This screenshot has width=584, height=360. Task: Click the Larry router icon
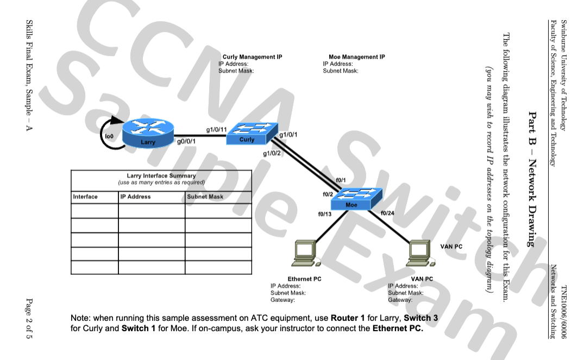(147, 134)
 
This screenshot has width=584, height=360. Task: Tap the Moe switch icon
(351, 199)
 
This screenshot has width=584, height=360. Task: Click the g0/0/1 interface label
(186, 142)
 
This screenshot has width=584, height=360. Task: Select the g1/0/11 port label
(216, 129)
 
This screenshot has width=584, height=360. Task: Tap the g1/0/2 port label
(272, 153)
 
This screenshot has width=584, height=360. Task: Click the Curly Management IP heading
(252, 57)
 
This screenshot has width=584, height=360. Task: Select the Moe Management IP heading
(356, 57)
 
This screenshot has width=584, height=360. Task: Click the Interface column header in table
(85, 197)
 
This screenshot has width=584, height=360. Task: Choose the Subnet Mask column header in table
(205, 197)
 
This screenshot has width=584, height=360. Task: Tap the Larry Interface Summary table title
(161, 176)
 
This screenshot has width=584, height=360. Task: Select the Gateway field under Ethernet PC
(282, 300)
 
